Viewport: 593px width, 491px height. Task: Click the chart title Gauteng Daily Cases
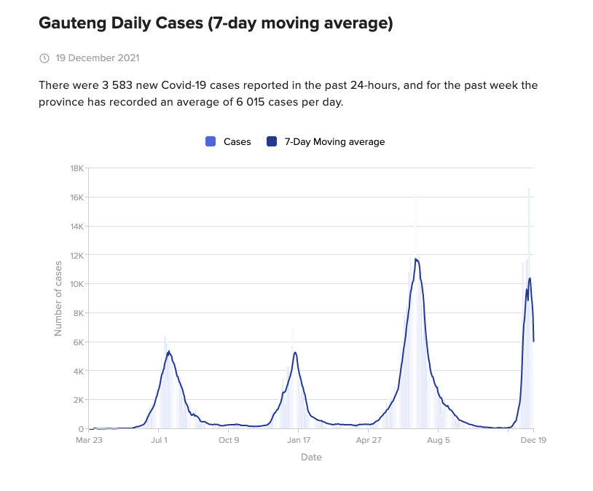tap(216, 23)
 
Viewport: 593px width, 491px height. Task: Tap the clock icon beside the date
tap(44, 58)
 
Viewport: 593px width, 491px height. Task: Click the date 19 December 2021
tap(98, 58)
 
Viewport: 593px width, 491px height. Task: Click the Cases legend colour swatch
tap(211, 142)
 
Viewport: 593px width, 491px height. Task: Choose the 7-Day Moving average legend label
tap(334, 142)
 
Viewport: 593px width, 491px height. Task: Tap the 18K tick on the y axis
tap(76, 168)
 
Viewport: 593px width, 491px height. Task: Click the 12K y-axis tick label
tap(76, 255)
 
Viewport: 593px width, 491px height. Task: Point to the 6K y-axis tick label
tap(78, 342)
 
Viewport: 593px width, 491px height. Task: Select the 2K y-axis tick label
tap(78, 400)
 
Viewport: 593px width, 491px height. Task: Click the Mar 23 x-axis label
tap(90, 440)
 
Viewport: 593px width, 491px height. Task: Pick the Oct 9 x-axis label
tap(229, 440)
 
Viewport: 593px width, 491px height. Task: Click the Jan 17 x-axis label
tap(299, 440)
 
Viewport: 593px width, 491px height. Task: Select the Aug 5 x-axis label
tap(439, 440)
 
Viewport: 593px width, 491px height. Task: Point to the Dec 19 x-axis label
tap(533, 440)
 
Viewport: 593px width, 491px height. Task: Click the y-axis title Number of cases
tap(58, 298)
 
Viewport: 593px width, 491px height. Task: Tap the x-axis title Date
tap(311, 457)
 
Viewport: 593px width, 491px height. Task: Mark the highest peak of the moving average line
tap(416, 259)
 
